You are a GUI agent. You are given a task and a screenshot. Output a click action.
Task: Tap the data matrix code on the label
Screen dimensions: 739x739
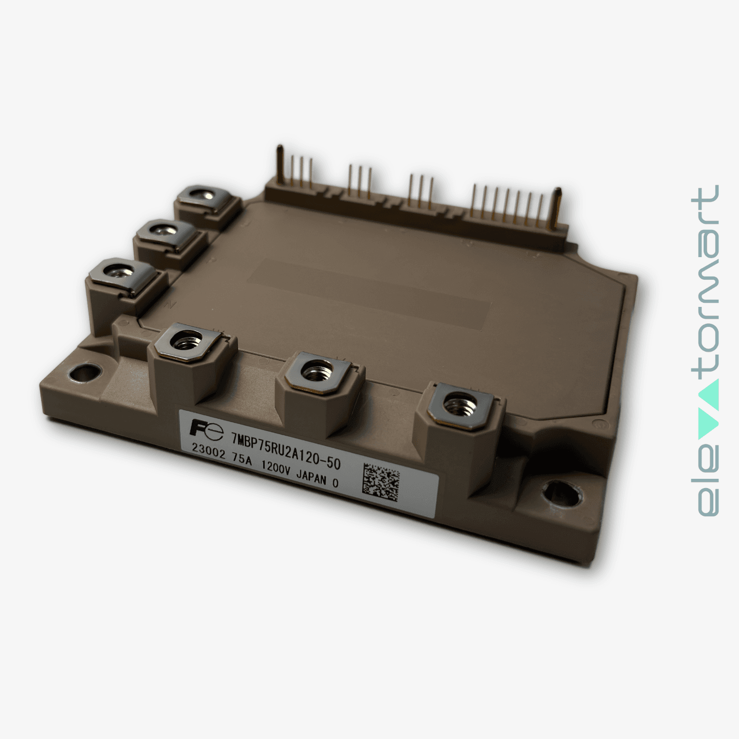pos(381,480)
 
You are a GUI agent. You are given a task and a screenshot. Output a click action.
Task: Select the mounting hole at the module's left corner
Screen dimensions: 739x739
pos(85,373)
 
